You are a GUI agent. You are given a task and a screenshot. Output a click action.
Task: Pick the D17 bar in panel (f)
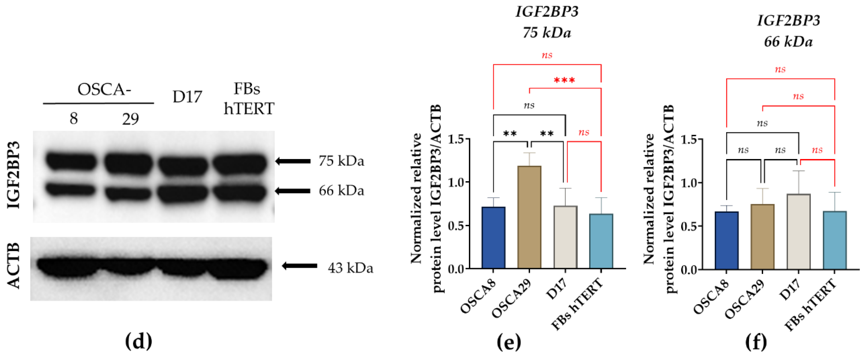[x=799, y=232]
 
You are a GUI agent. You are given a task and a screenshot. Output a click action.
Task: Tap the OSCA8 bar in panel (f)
[x=726, y=240]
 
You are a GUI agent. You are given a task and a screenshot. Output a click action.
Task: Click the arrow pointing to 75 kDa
[x=293, y=161]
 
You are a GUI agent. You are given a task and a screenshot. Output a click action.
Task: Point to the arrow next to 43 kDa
[x=299, y=266]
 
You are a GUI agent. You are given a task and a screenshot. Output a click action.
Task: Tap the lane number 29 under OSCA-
[x=131, y=119]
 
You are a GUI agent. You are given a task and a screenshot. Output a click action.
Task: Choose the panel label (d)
[x=139, y=342]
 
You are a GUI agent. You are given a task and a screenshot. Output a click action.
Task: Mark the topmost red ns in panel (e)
[x=547, y=55]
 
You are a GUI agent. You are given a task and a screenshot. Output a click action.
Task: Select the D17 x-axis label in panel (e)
[x=556, y=289]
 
